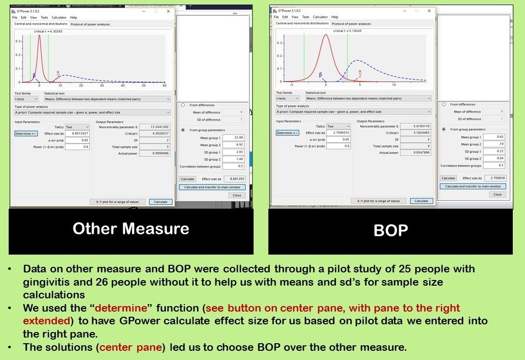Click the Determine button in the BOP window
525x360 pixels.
pyautogui.click(x=287, y=133)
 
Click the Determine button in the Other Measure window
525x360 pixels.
pyautogui.click(x=25, y=133)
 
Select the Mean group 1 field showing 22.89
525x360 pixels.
pyautogui.click(x=234, y=137)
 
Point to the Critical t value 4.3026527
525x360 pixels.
pyautogui.click(x=154, y=133)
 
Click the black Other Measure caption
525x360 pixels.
pyautogui.click(x=131, y=229)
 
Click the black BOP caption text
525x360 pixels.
pyautogui.click(x=391, y=231)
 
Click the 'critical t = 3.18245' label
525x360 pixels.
pyautogui.click(x=350, y=31)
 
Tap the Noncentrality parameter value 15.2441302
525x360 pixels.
pyautogui.click(x=154, y=127)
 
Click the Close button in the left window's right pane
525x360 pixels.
pyautogui.click(x=237, y=195)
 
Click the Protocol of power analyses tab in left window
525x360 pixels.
pyautogui.click(x=90, y=24)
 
